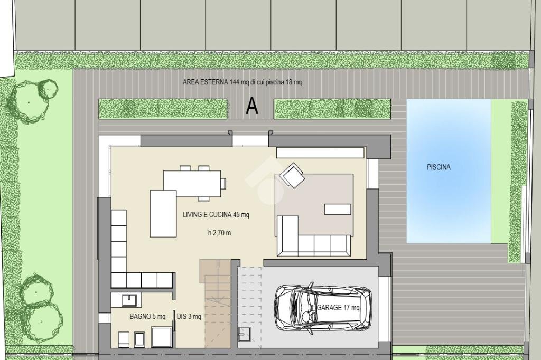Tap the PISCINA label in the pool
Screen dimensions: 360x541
click(439, 167)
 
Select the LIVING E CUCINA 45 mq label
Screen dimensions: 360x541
click(216, 215)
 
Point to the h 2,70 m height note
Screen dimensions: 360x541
click(219, 233)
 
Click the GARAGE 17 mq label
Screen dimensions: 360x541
click(338, 308)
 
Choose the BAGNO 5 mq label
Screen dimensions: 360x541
click(147, 317)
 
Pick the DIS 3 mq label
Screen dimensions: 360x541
click(189, 317)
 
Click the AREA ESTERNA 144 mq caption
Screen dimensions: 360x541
click(242, 82)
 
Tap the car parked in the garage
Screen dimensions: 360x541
click(322, 308)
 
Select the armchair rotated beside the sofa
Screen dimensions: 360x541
click(292, 175)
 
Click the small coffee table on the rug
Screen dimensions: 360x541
click(338, 210)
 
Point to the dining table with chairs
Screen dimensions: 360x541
click(192, 183)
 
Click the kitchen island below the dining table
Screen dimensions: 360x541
click(163, 214)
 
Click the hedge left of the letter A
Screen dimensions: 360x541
click(163, 109)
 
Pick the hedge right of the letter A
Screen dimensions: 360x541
click(332, 109)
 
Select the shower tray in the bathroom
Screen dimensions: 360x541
click(162, 337)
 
